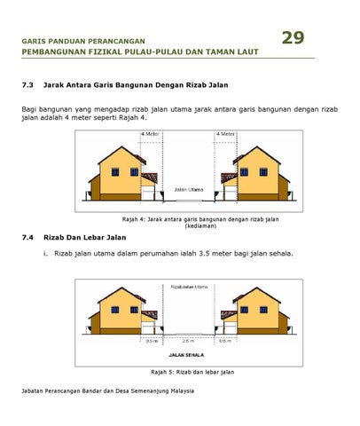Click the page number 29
[293, 37]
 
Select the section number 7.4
[27, 238]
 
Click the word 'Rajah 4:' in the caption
[133, 218]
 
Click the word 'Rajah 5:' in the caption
[163, 371]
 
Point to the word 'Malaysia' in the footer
[182, 390]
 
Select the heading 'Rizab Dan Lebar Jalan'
[85, 238]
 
